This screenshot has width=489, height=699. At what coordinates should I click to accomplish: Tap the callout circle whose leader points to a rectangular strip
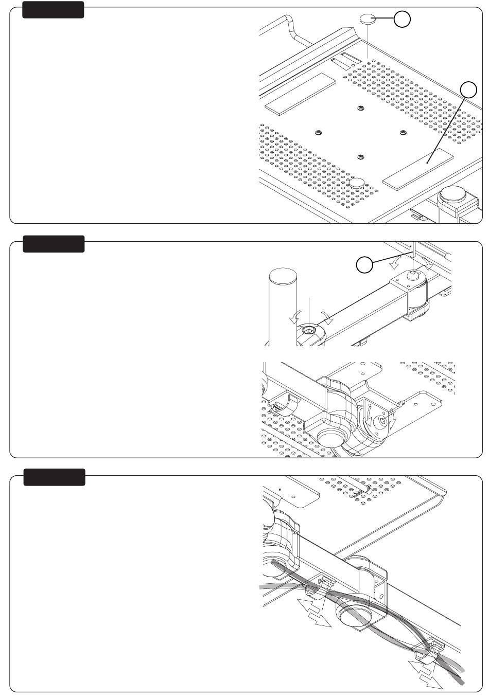click(x=468, y=90)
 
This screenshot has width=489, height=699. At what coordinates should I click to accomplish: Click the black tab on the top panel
click(x=53, y=10)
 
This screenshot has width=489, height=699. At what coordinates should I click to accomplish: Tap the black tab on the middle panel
click(x=53, y=244)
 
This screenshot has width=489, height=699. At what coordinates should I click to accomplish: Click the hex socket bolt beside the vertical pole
click(x=309, y=330)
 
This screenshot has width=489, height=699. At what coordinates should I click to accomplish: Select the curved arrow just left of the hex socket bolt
click(x=294, y=318)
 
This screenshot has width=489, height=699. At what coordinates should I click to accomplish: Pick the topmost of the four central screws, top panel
click(x=360, y=109)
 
